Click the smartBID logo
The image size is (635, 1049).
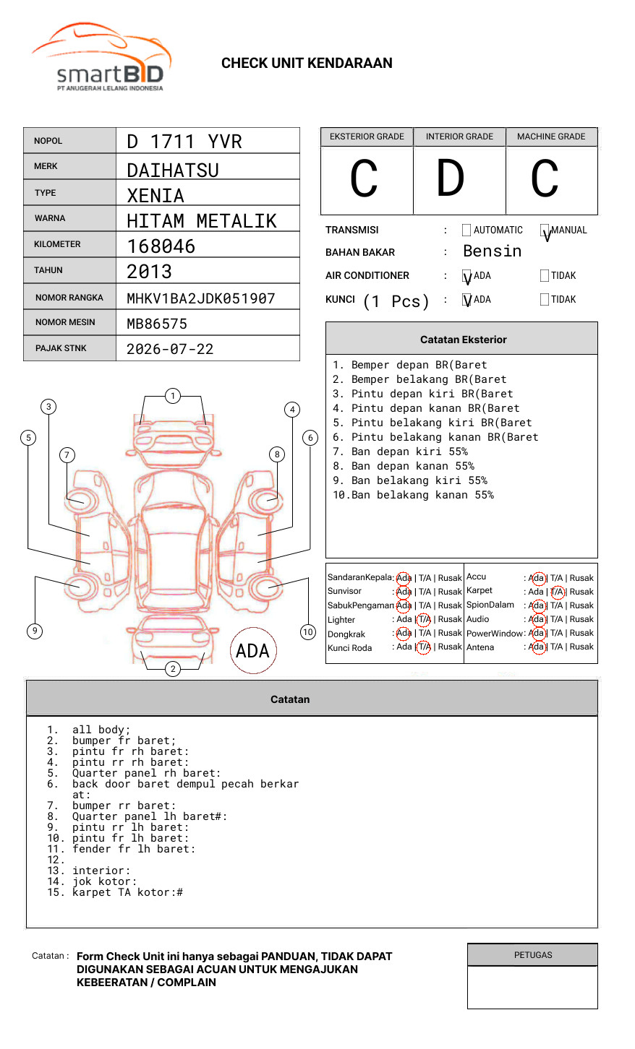101,58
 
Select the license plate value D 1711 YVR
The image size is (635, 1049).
184,142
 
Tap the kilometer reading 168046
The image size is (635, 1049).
161,246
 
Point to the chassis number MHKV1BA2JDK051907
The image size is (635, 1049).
201,298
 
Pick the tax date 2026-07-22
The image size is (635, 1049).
170,349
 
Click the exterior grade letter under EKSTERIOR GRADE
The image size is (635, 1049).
365,179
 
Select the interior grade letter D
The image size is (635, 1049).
451,179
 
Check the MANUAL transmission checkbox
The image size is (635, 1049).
545,230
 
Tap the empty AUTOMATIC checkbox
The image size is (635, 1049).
466,230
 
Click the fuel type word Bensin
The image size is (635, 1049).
492,251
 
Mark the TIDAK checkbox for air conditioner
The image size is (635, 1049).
545,275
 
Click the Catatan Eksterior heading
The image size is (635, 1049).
463,340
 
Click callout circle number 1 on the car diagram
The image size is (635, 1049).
172,396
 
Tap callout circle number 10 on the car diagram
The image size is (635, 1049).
308,632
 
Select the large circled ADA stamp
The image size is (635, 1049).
252,651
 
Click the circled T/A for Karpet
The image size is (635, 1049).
557,592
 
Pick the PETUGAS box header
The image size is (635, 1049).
532,955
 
